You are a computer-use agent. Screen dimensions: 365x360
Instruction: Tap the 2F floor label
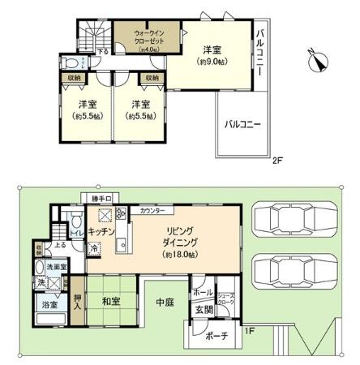coord(276,161)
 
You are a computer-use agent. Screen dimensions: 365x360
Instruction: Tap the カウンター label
coord(152,211)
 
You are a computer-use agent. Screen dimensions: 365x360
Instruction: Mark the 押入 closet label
coord(76,301)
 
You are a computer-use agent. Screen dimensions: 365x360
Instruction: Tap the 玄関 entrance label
coord(201,311)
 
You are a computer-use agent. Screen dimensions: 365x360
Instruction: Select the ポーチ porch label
coord(213,336)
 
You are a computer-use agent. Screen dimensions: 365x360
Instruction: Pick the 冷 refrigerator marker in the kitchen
coord(95,249)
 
